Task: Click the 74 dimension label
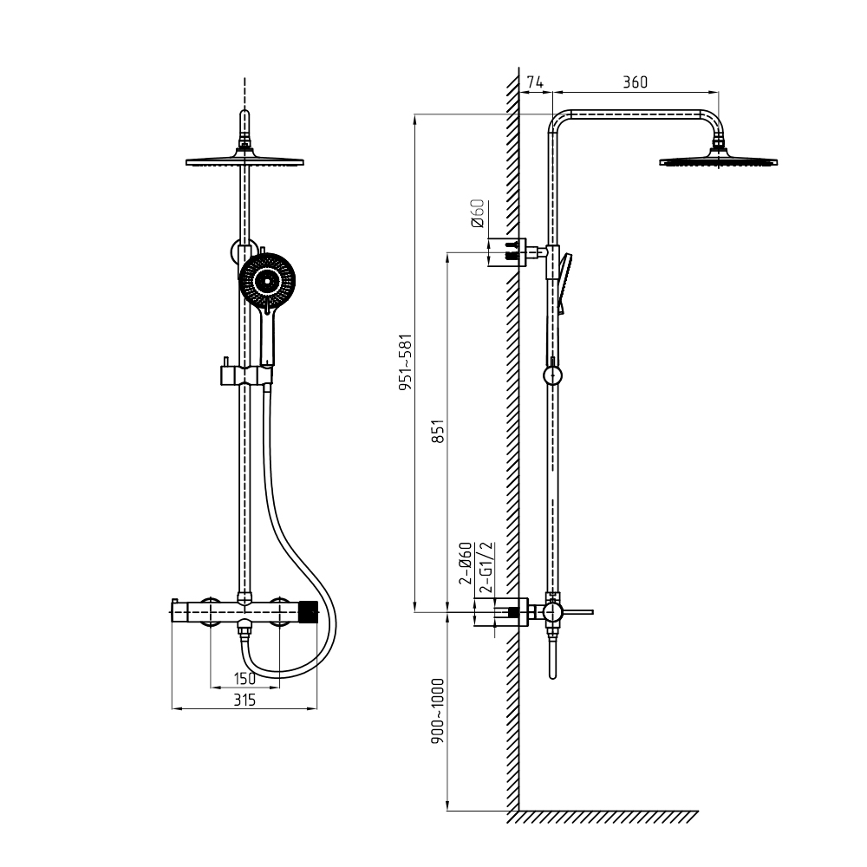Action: pos(534,82)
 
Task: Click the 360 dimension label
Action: pos(635,82)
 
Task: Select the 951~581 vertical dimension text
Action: pos(406,362)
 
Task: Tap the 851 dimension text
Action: pos(437,432)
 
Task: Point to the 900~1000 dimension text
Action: pos(437,711)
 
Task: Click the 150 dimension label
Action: pos(244,678)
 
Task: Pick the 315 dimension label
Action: pos(244,700)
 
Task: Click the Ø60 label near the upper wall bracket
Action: pos(478,213)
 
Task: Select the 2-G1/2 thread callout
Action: pos(486,567)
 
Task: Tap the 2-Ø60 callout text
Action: pos(466,564)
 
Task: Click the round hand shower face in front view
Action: pos(267,281)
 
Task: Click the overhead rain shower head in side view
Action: pos(718,158)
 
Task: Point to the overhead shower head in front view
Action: pos(244,158)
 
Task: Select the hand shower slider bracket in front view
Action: pos(246,375)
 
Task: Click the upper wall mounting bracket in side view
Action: pos(517,251)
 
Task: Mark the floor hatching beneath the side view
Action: pos(603,818)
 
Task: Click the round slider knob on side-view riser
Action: pos(552,376)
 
